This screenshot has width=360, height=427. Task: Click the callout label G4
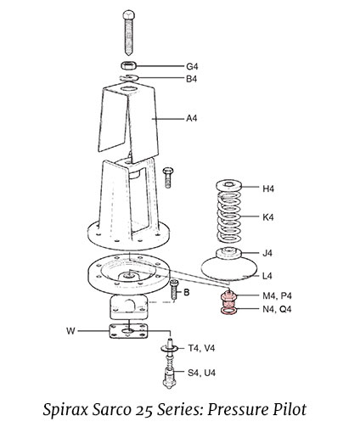[x=193, y=66]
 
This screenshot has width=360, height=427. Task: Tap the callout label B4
[x=193, y=79]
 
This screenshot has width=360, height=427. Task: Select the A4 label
[x=193, y=118]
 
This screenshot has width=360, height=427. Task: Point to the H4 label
[x=268, y=188]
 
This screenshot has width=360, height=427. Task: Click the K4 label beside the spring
[x=268, y=217]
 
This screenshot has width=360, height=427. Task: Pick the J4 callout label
[x=267, y=253]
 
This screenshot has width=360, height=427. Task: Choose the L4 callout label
[x=267, y=275]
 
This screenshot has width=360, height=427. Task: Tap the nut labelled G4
[x=128, y=65]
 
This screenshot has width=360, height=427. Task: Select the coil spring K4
[x=230, y=217]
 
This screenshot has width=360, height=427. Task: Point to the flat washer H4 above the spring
[x=230, y=187]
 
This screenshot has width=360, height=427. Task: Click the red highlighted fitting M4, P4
[x=228, y=299]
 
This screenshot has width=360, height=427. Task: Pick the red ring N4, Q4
[x=228, y=312]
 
